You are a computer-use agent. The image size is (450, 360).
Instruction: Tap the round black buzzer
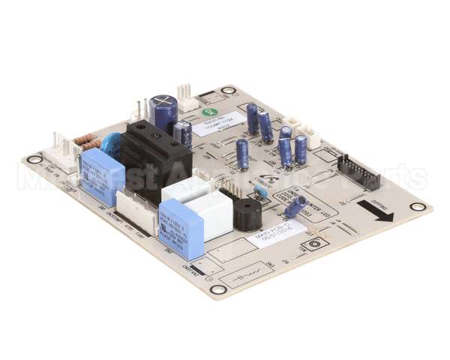pos(248,213)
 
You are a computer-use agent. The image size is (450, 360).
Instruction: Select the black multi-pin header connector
pos(358,172)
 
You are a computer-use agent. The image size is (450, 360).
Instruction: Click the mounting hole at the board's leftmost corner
pos(31,160)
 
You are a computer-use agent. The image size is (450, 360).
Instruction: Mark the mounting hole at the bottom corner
pos(217,289)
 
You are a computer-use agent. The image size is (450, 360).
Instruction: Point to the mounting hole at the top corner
pos(228,90)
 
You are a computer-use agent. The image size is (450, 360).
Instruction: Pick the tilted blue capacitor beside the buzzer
pos(295,205)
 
